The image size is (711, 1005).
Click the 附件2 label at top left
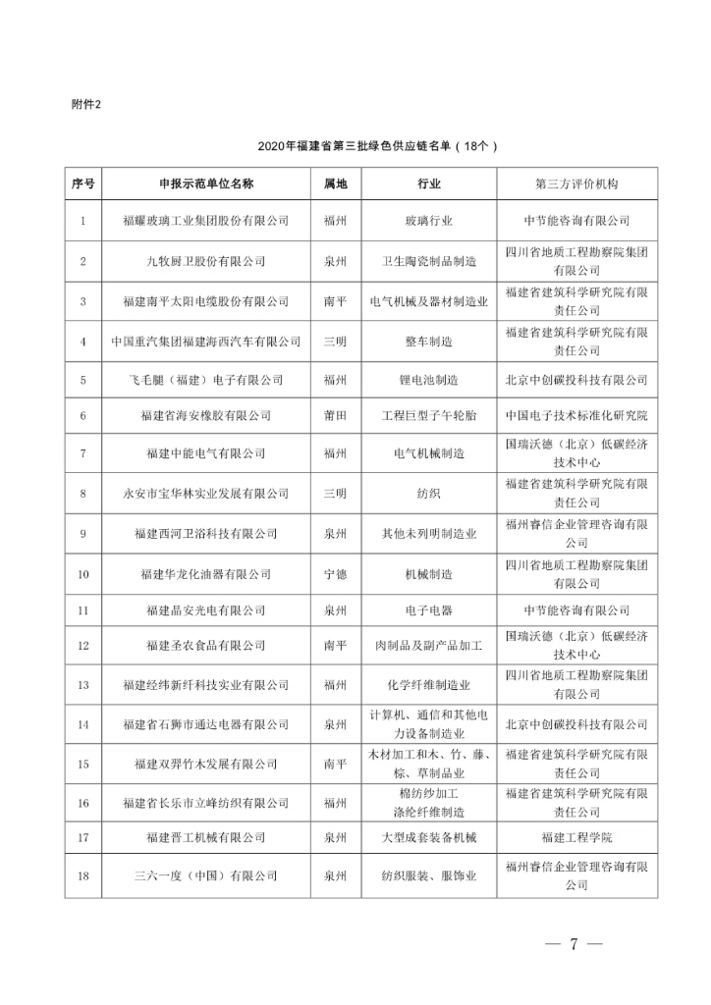85,104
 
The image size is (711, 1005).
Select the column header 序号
83,184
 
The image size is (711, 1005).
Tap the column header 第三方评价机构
575,184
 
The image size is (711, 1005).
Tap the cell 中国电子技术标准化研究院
575,415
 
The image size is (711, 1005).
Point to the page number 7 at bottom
572,944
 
